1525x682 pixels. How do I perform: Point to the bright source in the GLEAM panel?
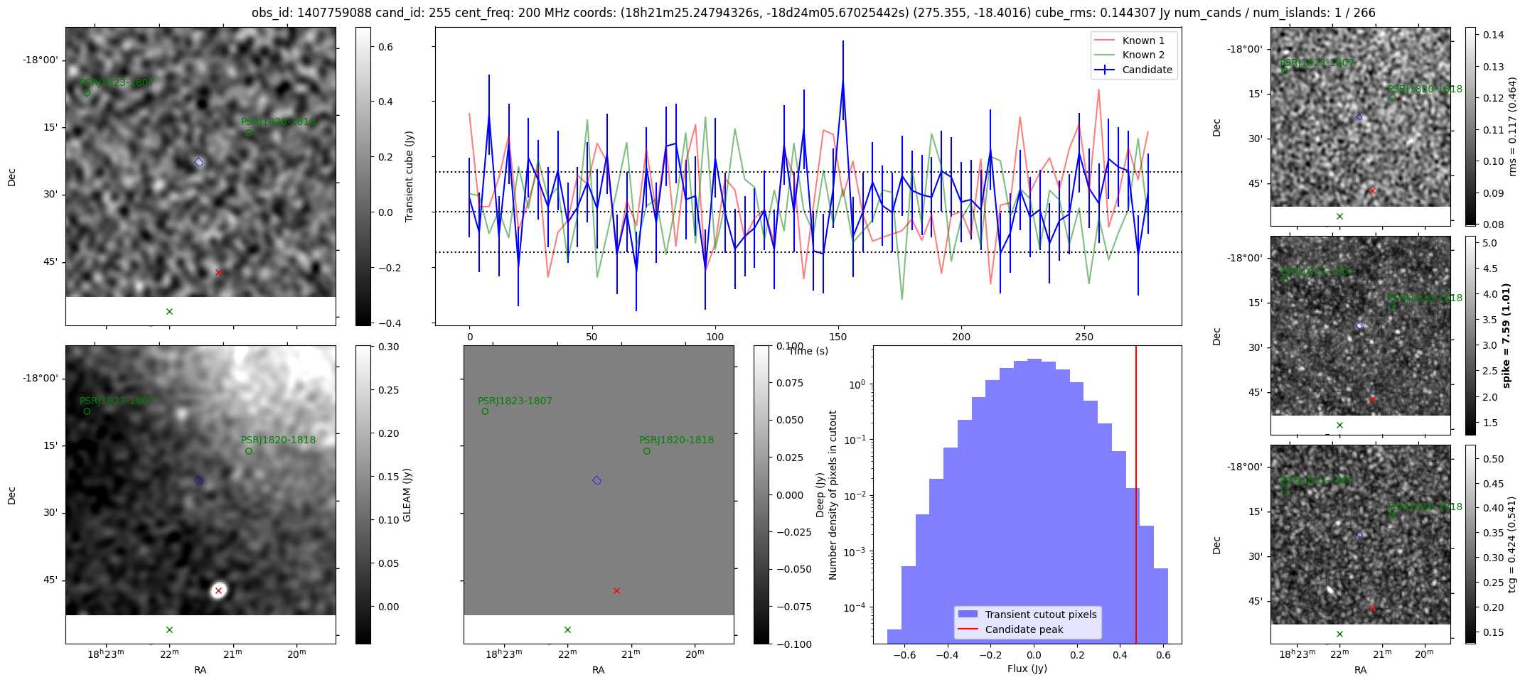coord(218,590)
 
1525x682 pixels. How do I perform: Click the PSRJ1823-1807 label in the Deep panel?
coord(515,401)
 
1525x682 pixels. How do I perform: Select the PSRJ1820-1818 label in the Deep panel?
coord(676,440)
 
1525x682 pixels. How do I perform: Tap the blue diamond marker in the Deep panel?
coord(596,480)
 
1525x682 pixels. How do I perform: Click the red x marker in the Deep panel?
coord(616,590)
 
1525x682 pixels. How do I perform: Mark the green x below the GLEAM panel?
coord(169,629)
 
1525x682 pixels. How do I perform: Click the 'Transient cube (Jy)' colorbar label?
coord(409,176)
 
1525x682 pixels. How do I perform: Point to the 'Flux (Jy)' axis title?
coord(1027,669)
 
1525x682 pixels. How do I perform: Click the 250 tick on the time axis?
coord(1084,337)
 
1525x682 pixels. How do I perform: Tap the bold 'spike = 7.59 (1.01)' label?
coord(1506,335)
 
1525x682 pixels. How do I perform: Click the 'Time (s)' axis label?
coord(808,351)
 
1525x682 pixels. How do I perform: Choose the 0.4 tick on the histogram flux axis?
coord(1119,656)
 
